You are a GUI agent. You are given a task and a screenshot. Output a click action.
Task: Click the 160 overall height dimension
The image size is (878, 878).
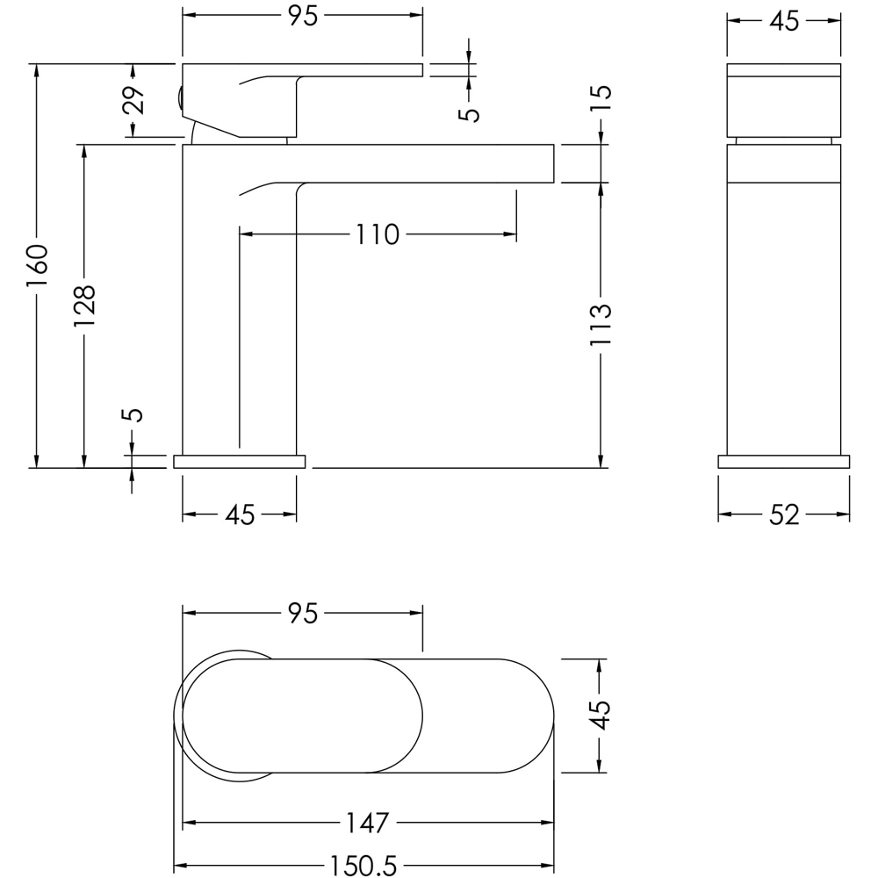click(x=36, y=265)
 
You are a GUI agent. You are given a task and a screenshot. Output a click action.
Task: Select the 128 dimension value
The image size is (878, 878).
click(x=84, y=306)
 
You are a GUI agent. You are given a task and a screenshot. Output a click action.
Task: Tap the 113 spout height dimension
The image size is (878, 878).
click(x=601, y=325)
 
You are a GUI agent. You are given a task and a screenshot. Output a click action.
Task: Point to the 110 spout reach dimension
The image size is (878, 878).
click(x=377, y=234)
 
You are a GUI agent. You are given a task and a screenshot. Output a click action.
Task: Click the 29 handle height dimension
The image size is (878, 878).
click(x=133, y=101)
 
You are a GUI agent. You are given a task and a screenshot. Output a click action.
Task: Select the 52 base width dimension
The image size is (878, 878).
click(x=784, y=515)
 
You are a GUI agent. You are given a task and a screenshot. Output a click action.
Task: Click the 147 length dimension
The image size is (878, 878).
click(x=366, y=824)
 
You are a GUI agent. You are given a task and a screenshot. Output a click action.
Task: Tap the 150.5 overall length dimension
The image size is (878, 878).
click(x=364, y=866)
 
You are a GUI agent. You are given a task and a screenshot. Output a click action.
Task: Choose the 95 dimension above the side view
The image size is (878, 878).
click(x=301, y=16)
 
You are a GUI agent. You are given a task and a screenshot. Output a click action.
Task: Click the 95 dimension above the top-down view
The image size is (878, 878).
click(x=301, y=614)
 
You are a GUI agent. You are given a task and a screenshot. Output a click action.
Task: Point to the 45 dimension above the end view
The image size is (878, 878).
click(x=784, y=21)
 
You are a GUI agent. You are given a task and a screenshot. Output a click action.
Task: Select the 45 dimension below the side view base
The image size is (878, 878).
click(x=239, y=515)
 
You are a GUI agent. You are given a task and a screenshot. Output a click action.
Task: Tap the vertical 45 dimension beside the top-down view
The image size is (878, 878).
click(x=601, y=716)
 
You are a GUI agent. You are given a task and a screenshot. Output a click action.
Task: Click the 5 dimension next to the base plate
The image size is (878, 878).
click(x=133, y=414)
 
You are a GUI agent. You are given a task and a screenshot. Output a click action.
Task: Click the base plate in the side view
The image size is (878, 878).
click(x=239, y=462)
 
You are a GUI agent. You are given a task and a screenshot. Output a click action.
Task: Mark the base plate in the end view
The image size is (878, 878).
click(x=783, y=462)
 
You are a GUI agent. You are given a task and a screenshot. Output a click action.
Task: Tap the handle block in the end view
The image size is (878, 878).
click(x=784, y=101)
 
